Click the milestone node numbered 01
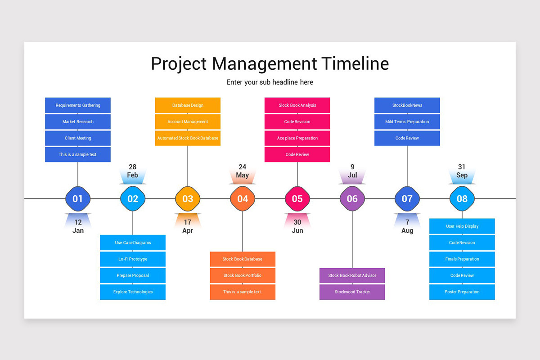(x=78, y=198)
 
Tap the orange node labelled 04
(x=243, y=198)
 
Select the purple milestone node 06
(x=352, y=198)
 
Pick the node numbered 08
(x=462, y=198)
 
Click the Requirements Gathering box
(x=78, y=105)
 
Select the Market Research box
(x=78, y=121)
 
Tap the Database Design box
(x=188, y=105)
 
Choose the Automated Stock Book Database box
(x=188, y=138)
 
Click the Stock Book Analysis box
(x=297, y=105)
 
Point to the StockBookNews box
(x=407, y=105)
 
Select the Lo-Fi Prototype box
(x=133, y=259)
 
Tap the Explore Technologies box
(x=133, y=292)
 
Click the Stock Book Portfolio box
(x=243, y=275)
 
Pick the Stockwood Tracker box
(x=352, y=292)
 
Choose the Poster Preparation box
(x=462, y=292)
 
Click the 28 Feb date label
(x=133, y=171)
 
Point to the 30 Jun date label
(x=297, y=226)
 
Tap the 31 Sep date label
(x=462, y=171)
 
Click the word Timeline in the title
(x=355, y=63)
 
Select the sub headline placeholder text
(x=270, y=82)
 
